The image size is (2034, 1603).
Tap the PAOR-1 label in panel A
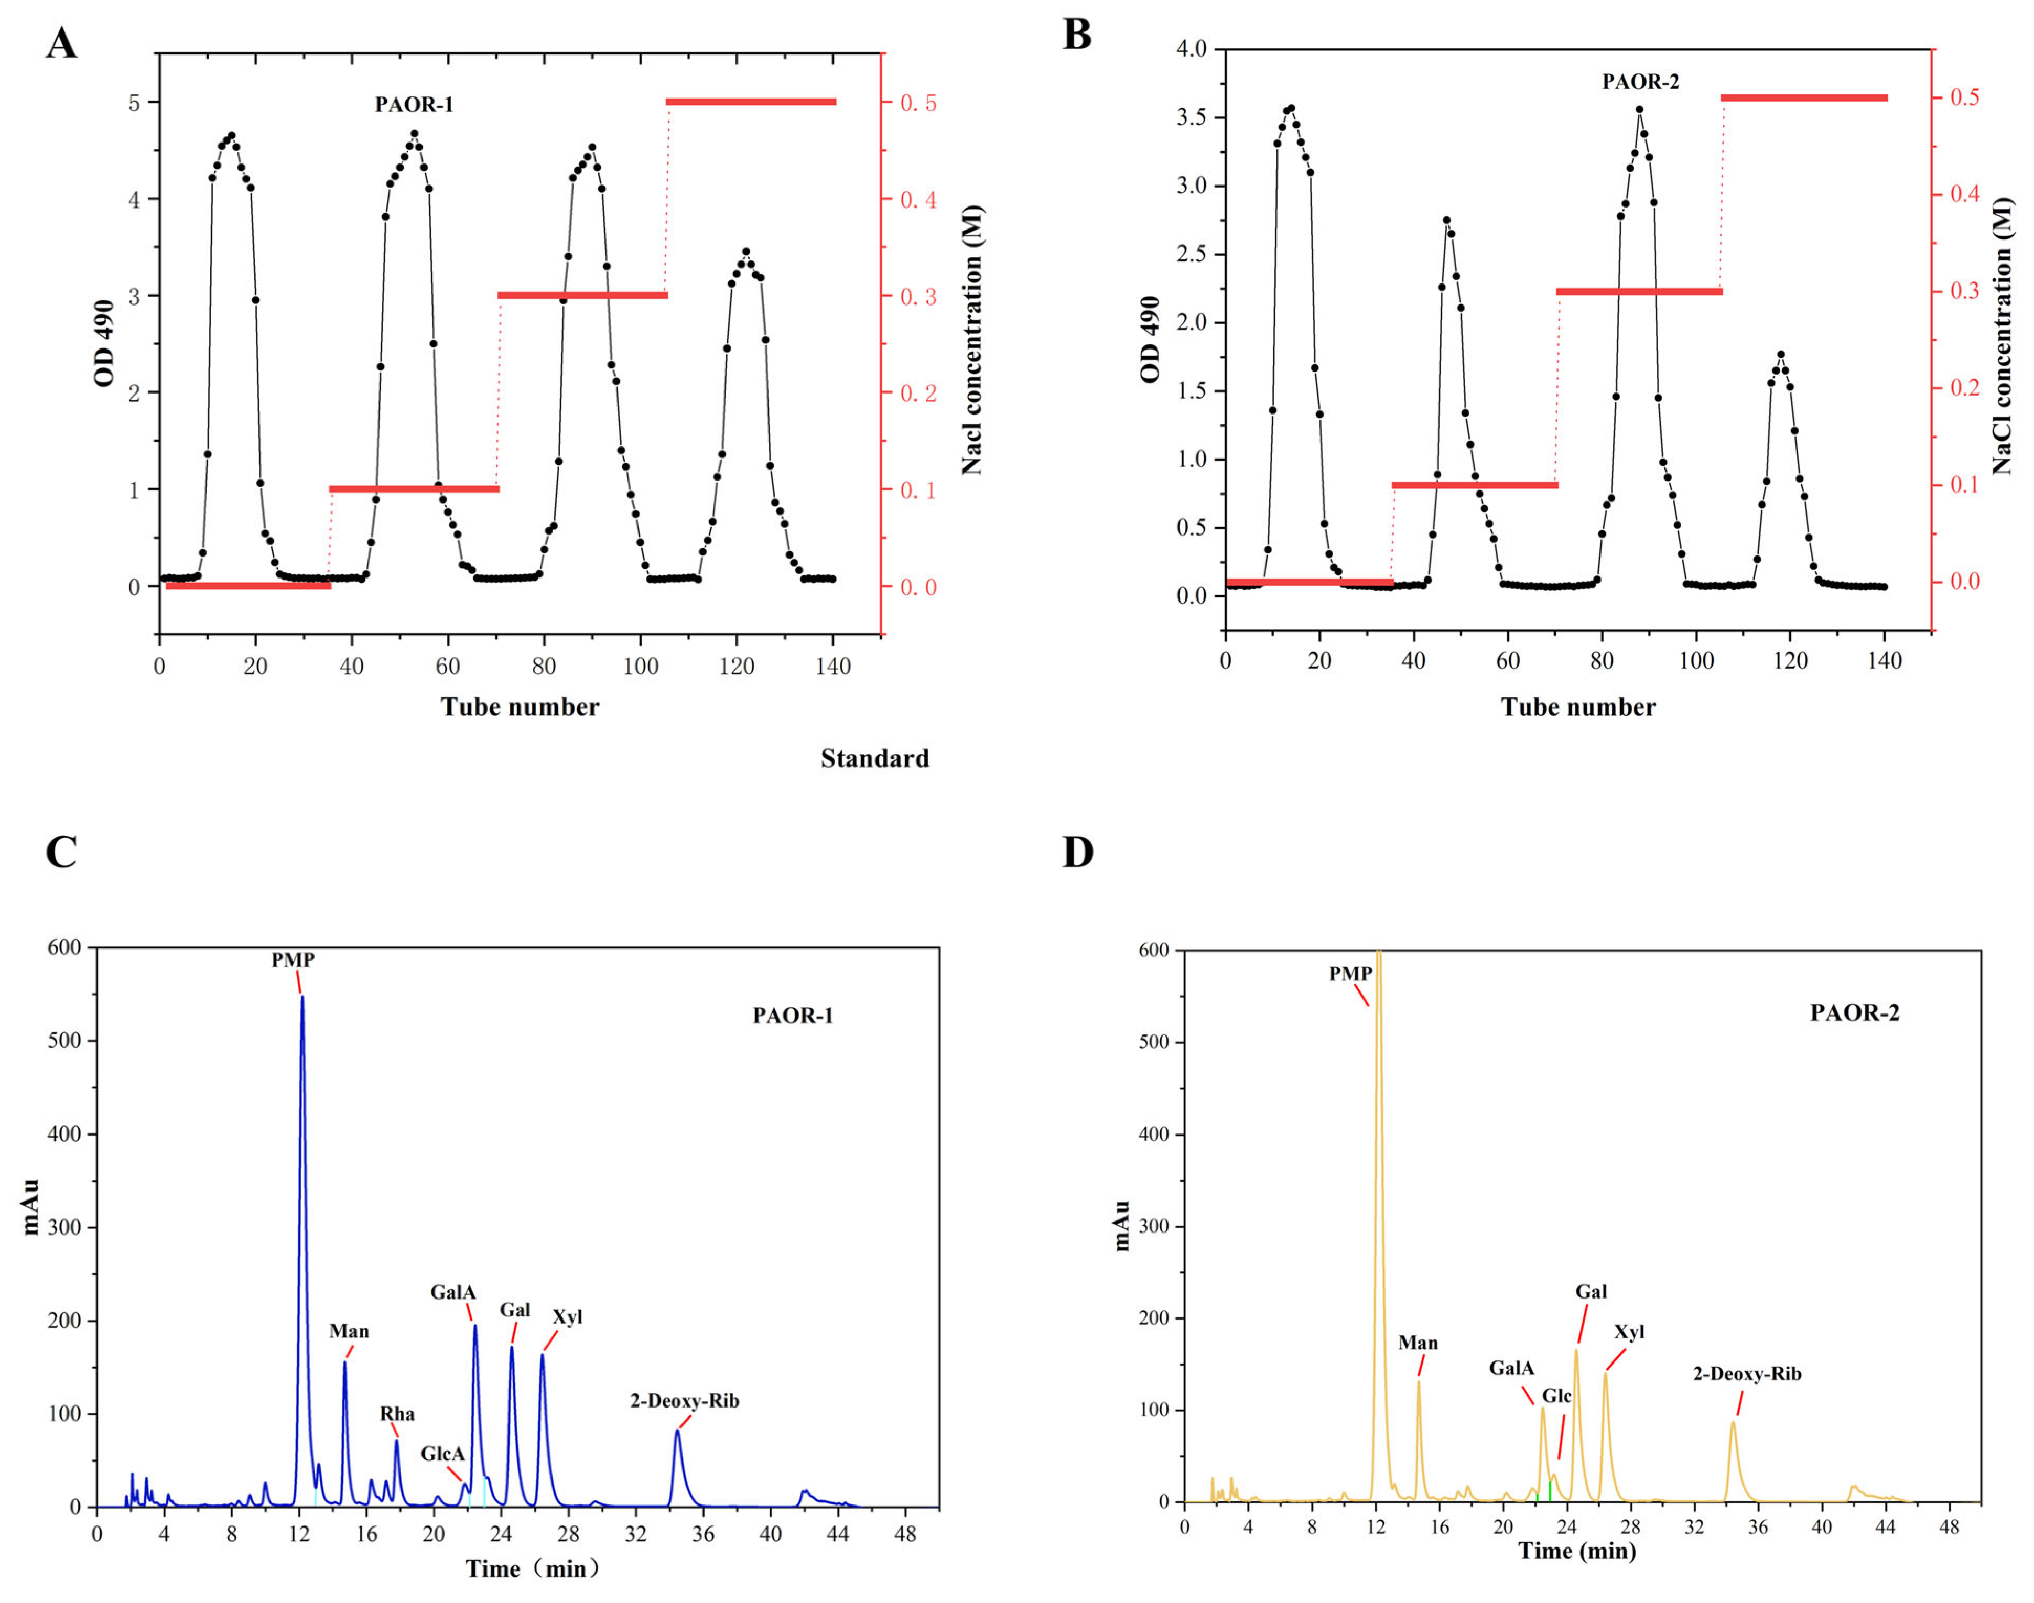[x=414, y=104]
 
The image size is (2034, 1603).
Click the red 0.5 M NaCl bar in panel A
[x=751, y=101]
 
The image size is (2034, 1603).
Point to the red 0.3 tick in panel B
[x=1965, y=291]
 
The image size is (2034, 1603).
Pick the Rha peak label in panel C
[x=397, y=1413]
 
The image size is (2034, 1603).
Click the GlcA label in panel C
[x=442, y=1454]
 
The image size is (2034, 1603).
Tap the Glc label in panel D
[x=1556, y=1395]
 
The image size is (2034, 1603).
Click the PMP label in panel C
[x=293, y=960]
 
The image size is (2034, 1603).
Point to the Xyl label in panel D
[x=1629, y=1332]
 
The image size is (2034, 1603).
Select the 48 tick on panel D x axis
[x=1950, y=1526]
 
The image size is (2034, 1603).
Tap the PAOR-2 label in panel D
[x=1854, y=1012]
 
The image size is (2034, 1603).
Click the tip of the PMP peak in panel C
[x=302, y=997]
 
